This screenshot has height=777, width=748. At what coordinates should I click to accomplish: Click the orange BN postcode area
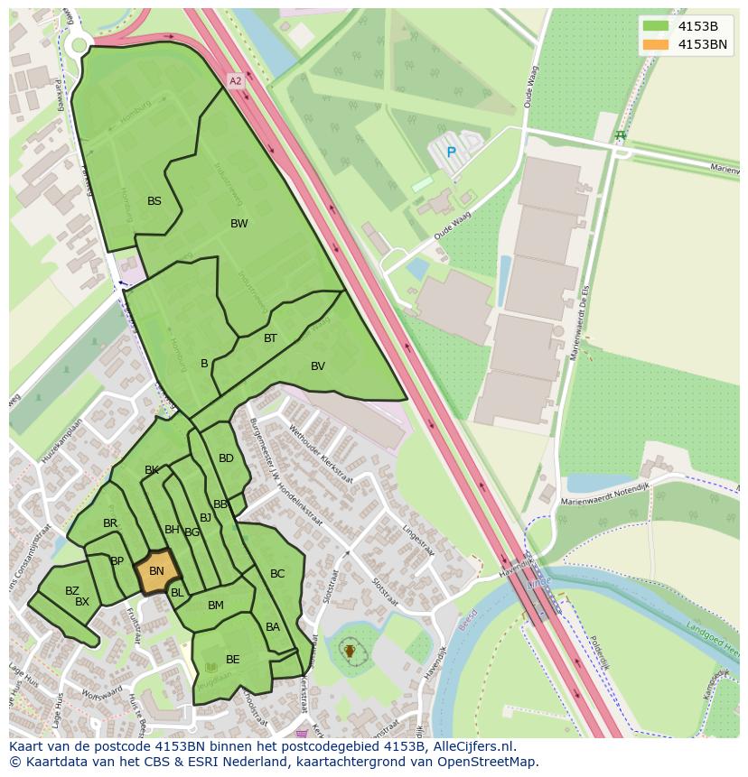point(156,571)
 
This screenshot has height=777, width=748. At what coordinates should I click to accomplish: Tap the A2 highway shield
point(236,81)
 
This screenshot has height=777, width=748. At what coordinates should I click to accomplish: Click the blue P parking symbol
point(451,153)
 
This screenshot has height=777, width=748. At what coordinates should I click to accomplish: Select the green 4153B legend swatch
point(656,26)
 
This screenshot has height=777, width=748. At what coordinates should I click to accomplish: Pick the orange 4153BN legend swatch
point(656,44)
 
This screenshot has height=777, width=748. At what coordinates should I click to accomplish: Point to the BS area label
point(154,201)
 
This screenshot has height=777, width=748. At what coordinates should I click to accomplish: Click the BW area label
point(238,224)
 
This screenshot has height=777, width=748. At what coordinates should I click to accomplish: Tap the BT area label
point(270,338)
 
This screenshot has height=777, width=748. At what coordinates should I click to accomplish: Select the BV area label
point(317,365)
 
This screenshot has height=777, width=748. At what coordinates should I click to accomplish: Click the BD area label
point(226,458)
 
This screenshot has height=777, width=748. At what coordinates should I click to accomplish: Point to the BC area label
point(277,574)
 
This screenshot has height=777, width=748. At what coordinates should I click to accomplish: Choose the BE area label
point(233,660)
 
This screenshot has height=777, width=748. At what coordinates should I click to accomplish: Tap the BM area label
point(215,606)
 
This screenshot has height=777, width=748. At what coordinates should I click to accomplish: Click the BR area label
point(110,523)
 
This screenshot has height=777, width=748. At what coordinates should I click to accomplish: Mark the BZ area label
point(72,591)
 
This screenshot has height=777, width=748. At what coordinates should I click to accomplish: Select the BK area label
point(152,470)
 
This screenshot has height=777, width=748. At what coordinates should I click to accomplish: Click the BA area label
point(273,627)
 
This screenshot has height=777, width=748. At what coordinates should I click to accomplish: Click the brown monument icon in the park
point(350,650)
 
